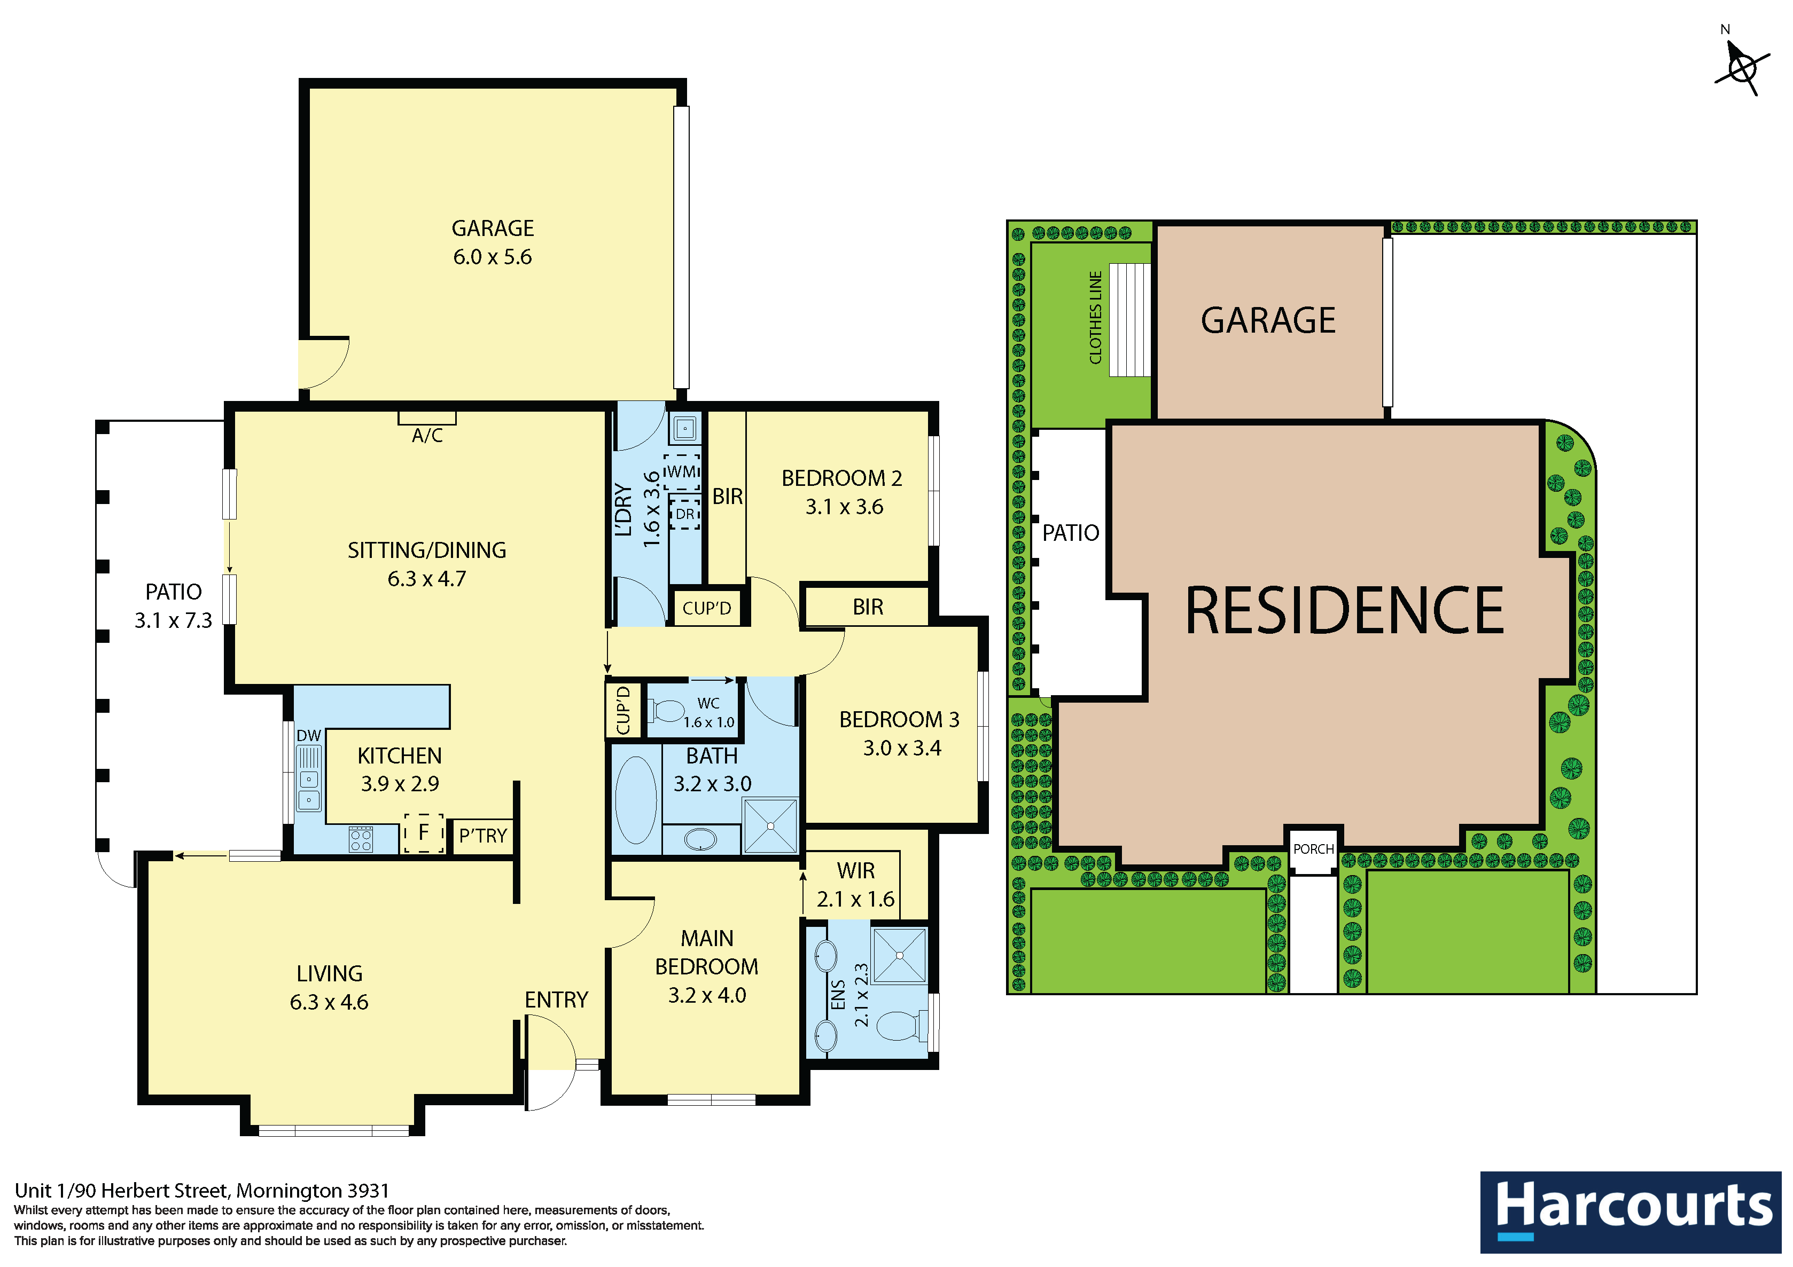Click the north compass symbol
click(x=1742, y=66)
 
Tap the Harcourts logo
click(x=1631, y=1211)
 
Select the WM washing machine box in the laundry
click(x=683, y=473)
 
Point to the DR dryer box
click(x=685, y=514)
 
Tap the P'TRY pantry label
click(x=482, y=836)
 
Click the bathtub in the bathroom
click(x=636, y=800)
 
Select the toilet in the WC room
click(x=666, y=711)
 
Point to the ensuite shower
click(x=900, y=955)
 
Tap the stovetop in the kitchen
click(x=361, y=840)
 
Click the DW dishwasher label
click(x=308, y=735)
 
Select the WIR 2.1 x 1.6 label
click(x=856, y=885)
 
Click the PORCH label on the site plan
click(x=1314, y=849)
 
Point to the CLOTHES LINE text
click(x=1096, y=318)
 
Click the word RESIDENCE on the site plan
click(x=1345, y=610)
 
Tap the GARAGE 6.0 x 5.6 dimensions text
click(x=493, y=257)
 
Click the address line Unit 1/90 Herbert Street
click(x=201, y=1191)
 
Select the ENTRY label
click(x=556, y=1000)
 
